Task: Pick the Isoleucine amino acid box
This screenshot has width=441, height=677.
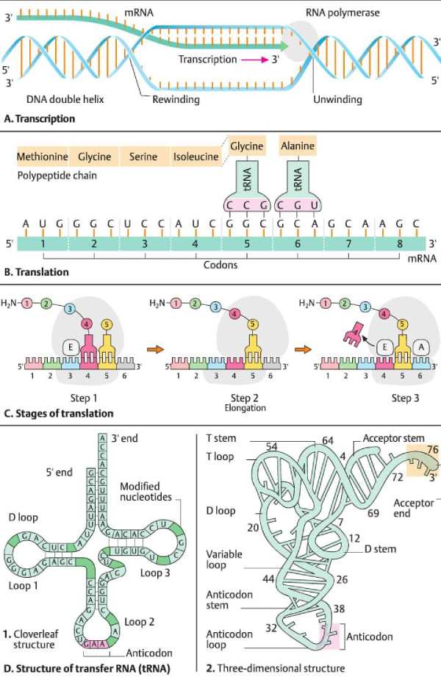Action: click(x=196, y=157)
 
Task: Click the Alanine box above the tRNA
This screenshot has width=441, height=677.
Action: click(x=297, y=146)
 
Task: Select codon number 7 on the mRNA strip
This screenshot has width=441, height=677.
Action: click(x=348, y=243)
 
